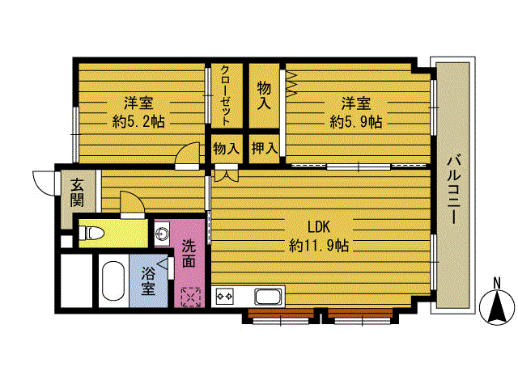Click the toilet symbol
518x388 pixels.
coord(91,233)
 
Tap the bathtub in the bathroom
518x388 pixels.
coord(113,280)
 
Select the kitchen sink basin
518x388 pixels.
coord(270,297)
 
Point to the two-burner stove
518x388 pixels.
coord(224,296)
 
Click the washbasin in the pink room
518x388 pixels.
coord(162,234)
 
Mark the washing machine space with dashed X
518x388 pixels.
coord(191,297)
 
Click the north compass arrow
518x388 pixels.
coord(497,307)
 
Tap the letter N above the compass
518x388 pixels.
coord(496,283)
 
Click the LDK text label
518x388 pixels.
coord(319,227)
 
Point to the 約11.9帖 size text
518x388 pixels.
coord(319,246)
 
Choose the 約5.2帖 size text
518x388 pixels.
coord(138,122)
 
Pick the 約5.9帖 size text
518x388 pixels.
coord(356,122)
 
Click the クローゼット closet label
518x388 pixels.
coord(226,96)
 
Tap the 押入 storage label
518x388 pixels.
coord(265,148)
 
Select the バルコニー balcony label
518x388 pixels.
coord(454,189)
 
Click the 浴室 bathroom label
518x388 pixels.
coord(148,280)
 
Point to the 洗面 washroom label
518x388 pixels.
coord(189,254)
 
